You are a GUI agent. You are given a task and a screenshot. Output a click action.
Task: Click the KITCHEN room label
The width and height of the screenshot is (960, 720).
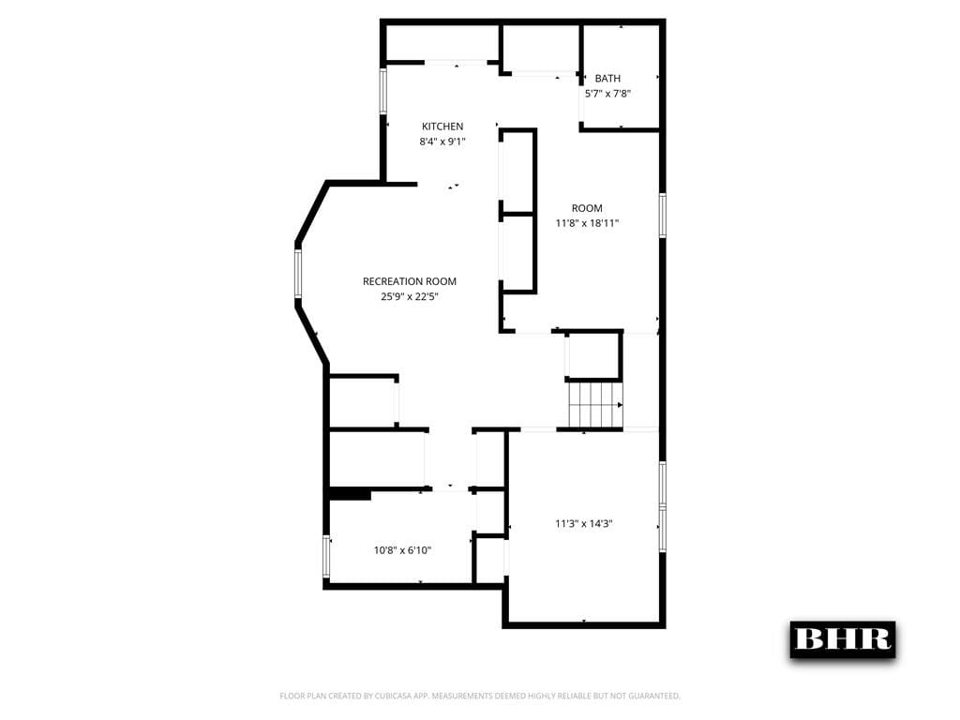click(x=442, y=127)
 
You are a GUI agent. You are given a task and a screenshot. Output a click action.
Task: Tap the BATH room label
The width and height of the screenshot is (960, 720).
click(x=607, y=79)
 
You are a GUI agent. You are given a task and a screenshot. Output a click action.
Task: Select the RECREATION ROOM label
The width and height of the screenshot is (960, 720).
click(x=410, y=281)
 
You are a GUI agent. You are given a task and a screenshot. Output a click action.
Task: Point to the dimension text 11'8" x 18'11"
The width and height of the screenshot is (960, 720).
click(x=588, y=223)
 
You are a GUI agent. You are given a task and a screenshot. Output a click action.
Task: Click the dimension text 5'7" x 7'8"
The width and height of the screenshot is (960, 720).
click(x=607, y=94)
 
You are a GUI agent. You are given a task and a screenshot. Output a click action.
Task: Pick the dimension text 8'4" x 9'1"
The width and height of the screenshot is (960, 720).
click(x=442, y=142)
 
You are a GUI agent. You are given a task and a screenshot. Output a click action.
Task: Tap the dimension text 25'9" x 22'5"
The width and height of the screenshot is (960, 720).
click(x=410, y=296)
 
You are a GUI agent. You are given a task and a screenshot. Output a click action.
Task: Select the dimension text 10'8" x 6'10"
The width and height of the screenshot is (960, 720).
click(x=402, y=550)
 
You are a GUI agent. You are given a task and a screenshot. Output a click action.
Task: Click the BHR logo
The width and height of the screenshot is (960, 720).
click(x=842, y=639)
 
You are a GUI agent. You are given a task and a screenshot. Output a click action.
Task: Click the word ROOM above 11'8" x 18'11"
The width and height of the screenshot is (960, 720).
click(x=588, y=208)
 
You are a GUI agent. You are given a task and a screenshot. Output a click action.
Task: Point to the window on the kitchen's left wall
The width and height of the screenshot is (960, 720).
click(x=383, y=92)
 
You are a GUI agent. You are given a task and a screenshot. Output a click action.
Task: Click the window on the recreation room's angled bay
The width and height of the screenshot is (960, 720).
click(x=298, y=274)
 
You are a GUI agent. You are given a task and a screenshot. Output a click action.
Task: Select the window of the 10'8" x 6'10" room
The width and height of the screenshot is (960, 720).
click(x=326, y=556)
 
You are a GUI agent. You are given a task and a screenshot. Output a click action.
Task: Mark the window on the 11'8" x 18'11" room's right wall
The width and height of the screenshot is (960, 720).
click(x=662, y=216)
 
